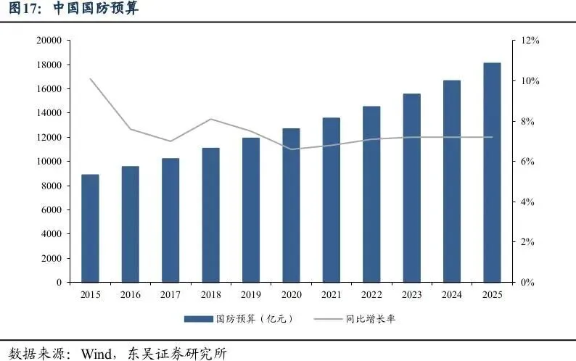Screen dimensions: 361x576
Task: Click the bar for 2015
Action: coord(90,228)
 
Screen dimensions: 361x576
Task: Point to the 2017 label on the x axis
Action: coord(170,294)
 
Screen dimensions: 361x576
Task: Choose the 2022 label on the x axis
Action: coord(371,294)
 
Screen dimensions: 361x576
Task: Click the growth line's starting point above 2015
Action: coord(90,78)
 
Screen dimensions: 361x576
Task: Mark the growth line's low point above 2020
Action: coord(291,149)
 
